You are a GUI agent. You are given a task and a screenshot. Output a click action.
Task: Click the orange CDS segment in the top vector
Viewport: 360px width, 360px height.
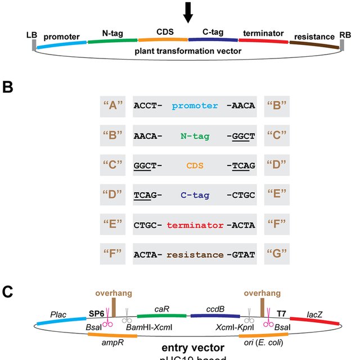163,40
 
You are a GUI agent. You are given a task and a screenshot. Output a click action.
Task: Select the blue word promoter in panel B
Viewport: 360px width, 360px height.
195,106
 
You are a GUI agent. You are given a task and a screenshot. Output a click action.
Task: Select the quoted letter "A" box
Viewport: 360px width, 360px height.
111,106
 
